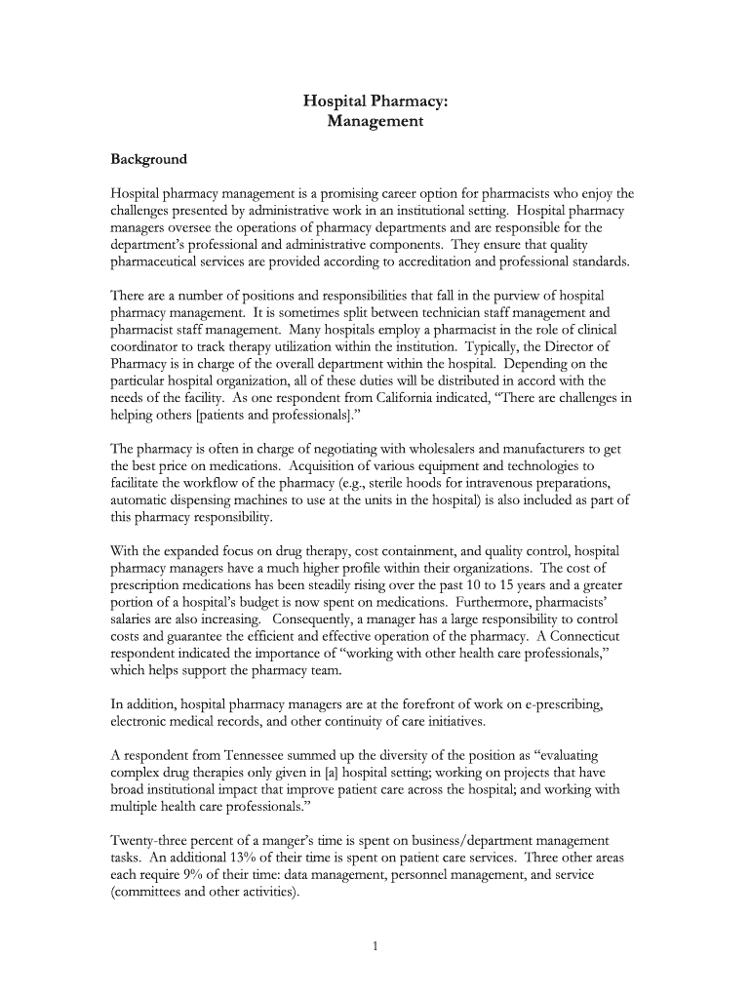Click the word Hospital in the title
coord(332,100)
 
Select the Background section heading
coord(148,158)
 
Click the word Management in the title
coord(375,122)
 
